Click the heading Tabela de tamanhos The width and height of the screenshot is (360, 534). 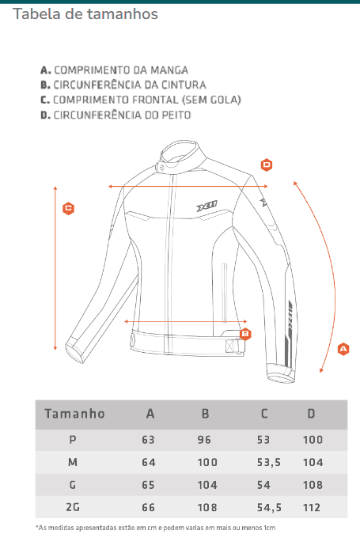point(85,14)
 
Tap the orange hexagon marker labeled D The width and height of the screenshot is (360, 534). point(267,165)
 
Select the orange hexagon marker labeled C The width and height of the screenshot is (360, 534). point(69,208)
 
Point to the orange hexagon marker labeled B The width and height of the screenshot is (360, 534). point(245,334)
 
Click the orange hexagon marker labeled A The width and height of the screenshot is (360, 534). point(343,349)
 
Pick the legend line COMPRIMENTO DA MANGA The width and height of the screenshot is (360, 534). point(115,70)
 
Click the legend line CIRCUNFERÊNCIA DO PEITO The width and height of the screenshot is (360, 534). point(116,116)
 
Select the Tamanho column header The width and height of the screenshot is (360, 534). point(74,414)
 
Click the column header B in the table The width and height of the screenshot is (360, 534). point(205,414)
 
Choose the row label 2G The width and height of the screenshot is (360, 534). point(73,507)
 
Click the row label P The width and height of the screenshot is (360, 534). point(73,440)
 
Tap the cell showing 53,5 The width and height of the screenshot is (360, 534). point(269,462)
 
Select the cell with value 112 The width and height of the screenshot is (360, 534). point(312,507)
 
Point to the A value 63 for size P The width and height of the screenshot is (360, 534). point(148,440)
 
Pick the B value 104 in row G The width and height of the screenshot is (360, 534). point(207,485)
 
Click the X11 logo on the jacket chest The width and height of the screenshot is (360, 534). point(207,206)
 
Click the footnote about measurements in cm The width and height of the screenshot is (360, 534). point(156,528)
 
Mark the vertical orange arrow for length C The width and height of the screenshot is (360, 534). point(55,268)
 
